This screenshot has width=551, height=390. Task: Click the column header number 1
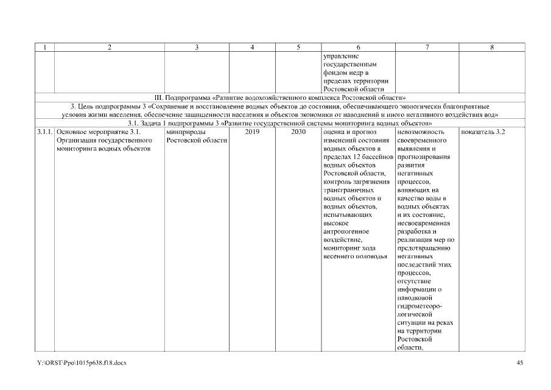coord(45,47)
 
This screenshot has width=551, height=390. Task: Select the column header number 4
coord(252,47)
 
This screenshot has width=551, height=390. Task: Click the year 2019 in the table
coord(252,132)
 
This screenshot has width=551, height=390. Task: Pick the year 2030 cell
coord(298,132)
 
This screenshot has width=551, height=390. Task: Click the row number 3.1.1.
coord(45,132)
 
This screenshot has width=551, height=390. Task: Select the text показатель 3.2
coord(483,132)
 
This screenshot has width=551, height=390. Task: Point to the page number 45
coord(519,363)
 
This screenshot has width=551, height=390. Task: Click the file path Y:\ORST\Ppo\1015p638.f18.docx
coord(82,363)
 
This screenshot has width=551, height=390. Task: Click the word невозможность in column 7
coord(420,132)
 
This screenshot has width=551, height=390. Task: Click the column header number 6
coord(358,47)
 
